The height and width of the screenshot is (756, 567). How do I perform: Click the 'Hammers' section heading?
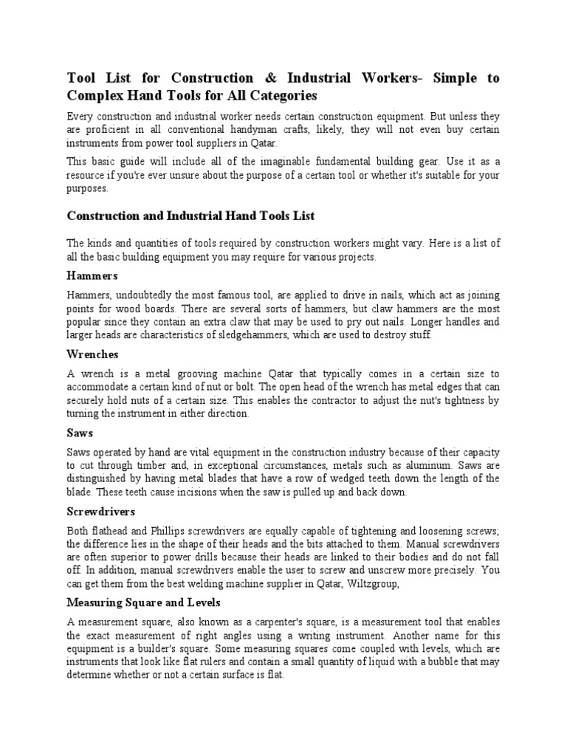point(92,275)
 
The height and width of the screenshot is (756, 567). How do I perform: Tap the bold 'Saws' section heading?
point(81,433)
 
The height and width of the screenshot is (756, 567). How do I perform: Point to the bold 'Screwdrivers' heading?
point(102,511)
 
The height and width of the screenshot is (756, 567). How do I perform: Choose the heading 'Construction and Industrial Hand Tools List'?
point(190,216)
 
